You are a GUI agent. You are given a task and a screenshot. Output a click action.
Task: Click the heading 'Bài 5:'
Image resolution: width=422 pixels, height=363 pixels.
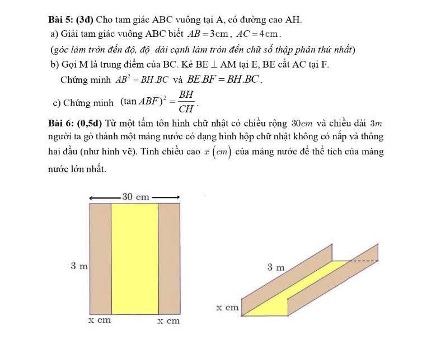(63, 21)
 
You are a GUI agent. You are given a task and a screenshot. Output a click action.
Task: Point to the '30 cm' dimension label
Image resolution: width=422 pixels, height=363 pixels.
(136, 197)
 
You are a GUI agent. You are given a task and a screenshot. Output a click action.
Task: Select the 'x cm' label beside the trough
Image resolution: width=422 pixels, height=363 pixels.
(227, 308)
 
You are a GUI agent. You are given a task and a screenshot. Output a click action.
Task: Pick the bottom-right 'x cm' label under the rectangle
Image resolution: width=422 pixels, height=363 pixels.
(168, 320)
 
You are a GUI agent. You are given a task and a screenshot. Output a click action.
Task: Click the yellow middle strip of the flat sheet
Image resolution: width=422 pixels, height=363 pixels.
(135, 258)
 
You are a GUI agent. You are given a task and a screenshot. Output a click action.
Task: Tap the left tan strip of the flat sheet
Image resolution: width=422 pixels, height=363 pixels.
(101, 258)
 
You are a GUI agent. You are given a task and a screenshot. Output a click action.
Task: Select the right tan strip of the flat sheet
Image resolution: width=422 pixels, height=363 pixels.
(168, 258)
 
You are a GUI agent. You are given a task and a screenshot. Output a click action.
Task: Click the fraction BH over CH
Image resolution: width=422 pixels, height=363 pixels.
(187, 101)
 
